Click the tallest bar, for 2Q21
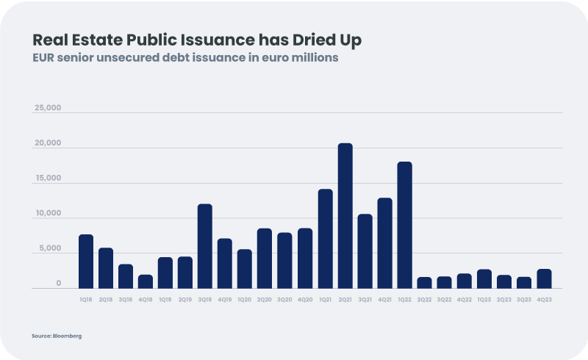pos(345,216)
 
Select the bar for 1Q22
pos(405,225)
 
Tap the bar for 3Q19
pos(205,246)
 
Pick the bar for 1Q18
pos(86,262)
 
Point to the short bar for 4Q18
pos(146,281)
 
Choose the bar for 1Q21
pos(325,239)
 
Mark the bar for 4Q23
pos(544,278)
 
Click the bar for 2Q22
pos(425,283)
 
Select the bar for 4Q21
pos(385,243)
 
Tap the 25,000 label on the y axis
pos(48,108)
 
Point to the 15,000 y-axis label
pos(48,179)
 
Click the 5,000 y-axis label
pos(50,249)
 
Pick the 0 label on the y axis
pos(58,284)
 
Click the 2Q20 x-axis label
pos(265,300)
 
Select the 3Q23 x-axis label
pos(524,300)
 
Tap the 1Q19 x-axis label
pos(165,300)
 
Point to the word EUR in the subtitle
pos(46,58)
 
